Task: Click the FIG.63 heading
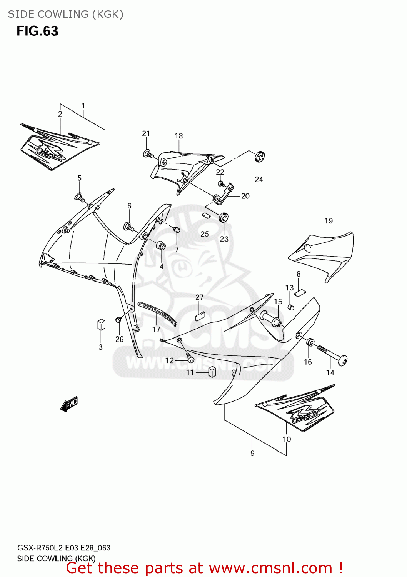(37, 31)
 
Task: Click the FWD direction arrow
(70, 404)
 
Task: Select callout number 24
(259, 179)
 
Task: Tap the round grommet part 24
(260, 157)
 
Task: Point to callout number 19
(329, 221)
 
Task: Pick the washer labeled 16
(310, 342)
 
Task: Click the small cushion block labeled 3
(101, 324)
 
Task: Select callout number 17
(156, 329)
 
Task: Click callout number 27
(199, 297)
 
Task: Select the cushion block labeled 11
(212, 372)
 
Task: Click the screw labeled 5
(80, 198)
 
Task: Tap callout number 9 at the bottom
(252, 454)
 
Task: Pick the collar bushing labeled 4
(162, 245)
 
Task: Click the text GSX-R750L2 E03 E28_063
(64, 548)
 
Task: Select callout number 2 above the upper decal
(60, 114)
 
